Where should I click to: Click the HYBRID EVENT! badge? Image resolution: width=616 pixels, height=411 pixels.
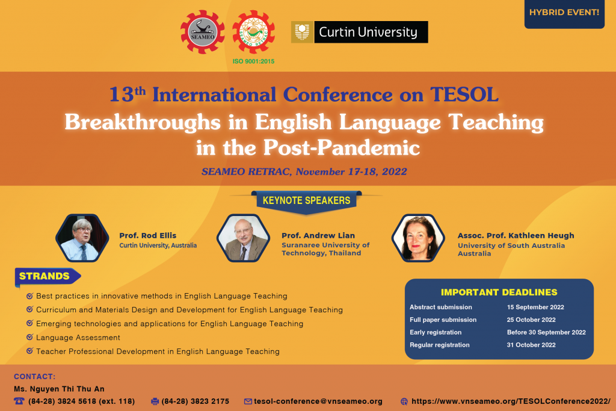[x=564, y=14]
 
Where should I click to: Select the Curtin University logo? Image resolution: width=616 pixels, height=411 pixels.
[x=360, y=32]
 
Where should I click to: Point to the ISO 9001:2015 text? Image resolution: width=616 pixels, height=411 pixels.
[x=253, y=61]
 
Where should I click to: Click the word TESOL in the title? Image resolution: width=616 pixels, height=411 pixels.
[x=464, y=94]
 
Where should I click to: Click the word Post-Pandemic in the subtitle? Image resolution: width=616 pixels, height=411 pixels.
[x=342, y=148]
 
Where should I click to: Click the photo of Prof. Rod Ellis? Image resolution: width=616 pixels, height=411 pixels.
[x=82, y=238]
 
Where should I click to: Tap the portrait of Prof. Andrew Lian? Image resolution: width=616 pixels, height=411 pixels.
[x=244, y=238]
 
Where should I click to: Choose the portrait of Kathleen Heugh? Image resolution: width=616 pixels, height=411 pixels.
[x=418, y=238]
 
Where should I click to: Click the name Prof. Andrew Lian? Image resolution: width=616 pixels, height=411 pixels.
[x=318, y=235]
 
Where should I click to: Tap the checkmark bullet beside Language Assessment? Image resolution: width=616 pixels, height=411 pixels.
[x=29, y=337]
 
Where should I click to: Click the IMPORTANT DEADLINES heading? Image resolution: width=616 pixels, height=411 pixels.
[x=499, y=292]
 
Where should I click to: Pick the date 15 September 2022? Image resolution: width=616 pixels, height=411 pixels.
[x=535, y=307]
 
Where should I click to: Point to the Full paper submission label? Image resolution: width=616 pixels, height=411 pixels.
[x=443, y=320]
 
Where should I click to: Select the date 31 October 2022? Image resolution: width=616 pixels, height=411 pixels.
[x=531, y=345]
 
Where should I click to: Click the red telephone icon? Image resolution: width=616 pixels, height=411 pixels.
[x=19, y=401]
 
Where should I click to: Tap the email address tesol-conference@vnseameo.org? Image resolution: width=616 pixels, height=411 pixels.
[x=318, y=401]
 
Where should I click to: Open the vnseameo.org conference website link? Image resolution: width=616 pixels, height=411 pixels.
[x=511, y=401]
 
